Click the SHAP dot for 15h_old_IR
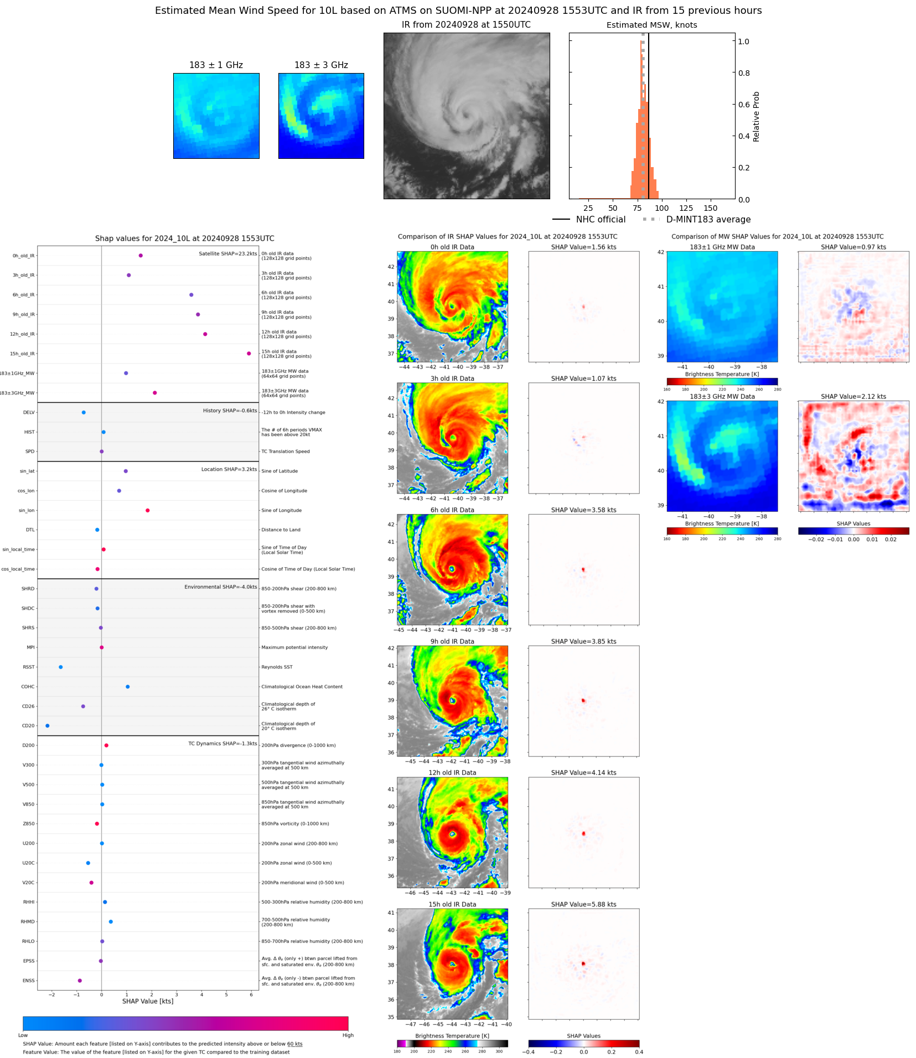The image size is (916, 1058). point(249,354)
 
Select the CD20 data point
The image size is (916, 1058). point(47,725)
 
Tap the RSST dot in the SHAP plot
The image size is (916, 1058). point(60,667)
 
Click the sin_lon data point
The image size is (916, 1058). point(147,510)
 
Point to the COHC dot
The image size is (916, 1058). point(127,687)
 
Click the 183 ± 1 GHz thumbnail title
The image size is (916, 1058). point(216,65)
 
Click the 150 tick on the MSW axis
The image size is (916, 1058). point(710,209)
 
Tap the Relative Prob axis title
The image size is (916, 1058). point(756,117)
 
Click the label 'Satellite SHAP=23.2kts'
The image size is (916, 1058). point(227,253)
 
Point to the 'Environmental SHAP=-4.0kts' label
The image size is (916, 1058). point(220,587)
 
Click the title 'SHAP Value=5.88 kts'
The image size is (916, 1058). point(583,904)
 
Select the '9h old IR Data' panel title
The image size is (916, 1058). point(452,641)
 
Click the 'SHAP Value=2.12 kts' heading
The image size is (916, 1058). point(853,396)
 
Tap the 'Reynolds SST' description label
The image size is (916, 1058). point(277,667)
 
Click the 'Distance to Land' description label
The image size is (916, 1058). point(281,530)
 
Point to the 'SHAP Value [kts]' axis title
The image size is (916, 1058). point(147,1001)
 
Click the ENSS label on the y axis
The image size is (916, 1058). point(28,981)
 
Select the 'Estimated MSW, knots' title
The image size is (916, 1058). point(651,25)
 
